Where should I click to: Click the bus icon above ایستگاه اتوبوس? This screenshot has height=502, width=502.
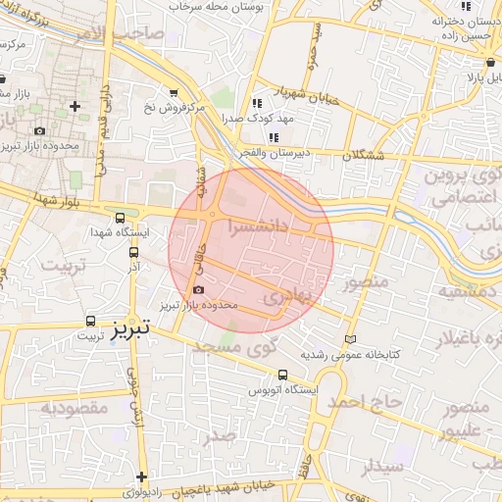point(283,375)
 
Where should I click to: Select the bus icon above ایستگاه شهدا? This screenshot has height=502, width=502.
point(120,219)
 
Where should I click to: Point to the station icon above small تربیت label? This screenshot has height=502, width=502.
point(90,321)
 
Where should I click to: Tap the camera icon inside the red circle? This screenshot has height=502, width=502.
point(199,290)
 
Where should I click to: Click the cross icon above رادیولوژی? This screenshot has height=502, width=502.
point(142,476)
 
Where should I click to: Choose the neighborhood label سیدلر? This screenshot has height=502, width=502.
point(382,467)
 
